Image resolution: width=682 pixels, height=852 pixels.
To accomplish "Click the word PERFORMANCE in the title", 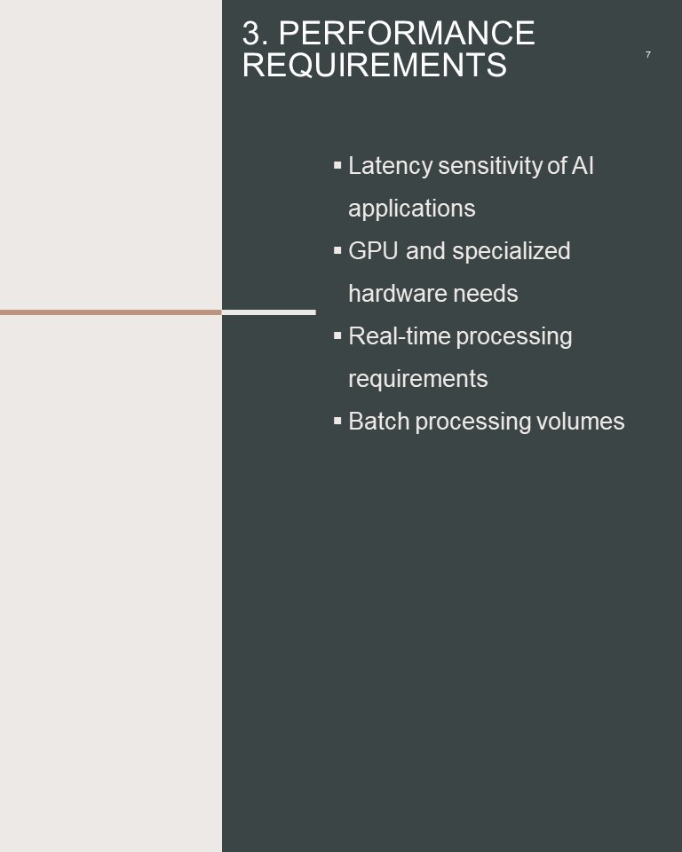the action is tap(407, 33).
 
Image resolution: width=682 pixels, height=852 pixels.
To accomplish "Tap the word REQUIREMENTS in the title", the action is tap(375, 65).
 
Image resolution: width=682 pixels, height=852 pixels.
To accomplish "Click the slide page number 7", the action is tap(647, 54).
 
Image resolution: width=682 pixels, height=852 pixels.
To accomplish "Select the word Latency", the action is tap(390, 166).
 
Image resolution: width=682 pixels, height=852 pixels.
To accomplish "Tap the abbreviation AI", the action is tap(583, 166).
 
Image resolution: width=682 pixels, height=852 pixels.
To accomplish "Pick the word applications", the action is tap(412, 209).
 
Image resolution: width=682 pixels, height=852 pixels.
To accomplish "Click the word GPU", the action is tap(373, 251).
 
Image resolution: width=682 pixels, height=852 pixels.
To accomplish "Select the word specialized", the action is tap(511, 251).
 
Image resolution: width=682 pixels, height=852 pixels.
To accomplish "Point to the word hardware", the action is tap(398, 294).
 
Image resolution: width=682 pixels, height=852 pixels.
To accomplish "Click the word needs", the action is tap(486, 294).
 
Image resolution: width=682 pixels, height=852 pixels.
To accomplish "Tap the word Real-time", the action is tap(400, 335).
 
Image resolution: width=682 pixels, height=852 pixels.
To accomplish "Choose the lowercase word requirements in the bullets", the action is tap(417, 379).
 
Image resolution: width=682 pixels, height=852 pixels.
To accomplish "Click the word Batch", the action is tap(378, 421).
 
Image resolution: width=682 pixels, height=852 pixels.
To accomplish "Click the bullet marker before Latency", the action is tap(337, 165).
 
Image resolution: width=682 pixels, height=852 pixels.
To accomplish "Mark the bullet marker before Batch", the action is tap(337, 420).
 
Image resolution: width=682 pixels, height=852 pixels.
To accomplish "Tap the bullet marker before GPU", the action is tap(337, 250).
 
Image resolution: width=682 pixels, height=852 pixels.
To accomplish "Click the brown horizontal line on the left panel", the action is tap(111, 312).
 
